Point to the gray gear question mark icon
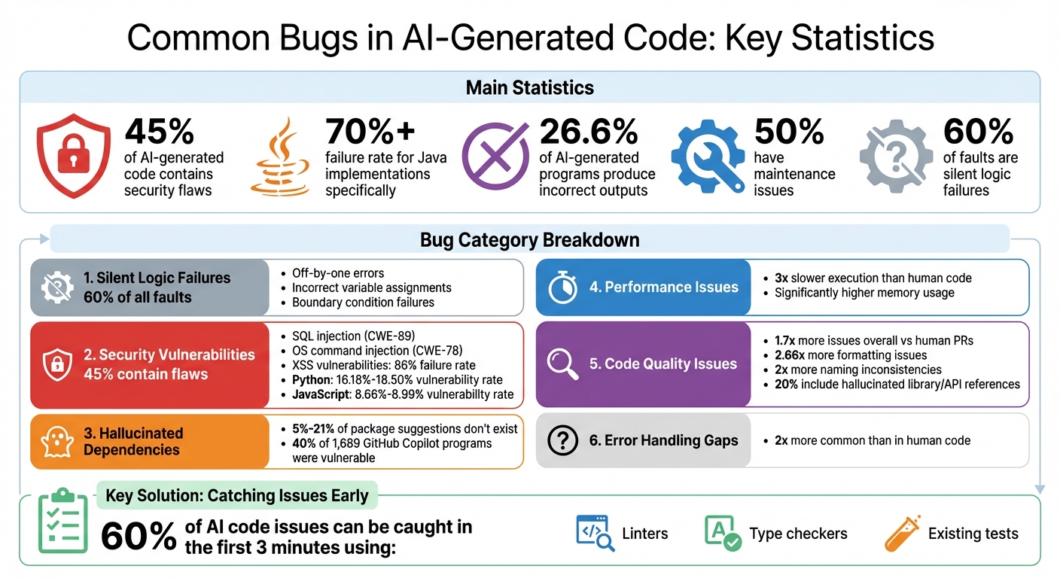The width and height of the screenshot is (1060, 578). pos(895,156)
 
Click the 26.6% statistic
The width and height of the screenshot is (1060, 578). pos(589,132)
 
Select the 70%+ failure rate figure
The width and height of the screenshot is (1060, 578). pos(370,132)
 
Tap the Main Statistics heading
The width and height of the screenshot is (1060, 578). pos(529,88)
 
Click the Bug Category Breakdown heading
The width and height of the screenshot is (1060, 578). pos(529,240)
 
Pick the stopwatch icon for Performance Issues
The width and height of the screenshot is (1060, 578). pos(562,287)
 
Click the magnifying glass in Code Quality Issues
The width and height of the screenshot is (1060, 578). pos(562,364)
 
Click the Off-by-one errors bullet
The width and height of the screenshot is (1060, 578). pos(337,273)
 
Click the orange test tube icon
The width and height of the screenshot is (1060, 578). pos(902,534)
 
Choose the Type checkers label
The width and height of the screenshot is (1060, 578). pos(798,534)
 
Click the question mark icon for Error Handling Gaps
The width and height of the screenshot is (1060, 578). pos(562,441)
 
